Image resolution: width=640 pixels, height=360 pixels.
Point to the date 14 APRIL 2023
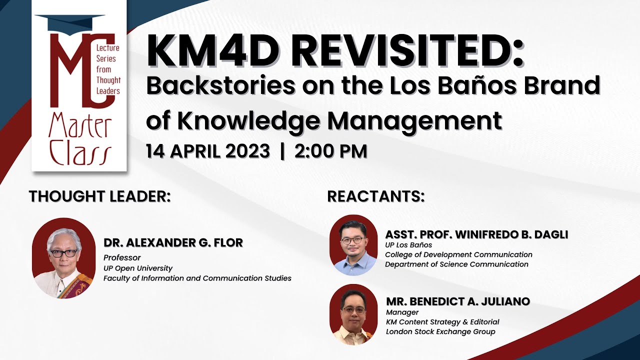[x=208, y=151]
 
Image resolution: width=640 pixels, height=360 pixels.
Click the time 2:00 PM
[x=330, y=151]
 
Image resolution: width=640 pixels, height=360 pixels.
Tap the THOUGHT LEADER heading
[x=99, y=196]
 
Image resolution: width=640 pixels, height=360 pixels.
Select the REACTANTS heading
[x=375, y=196]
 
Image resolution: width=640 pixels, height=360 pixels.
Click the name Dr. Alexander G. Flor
[x=173, y=242]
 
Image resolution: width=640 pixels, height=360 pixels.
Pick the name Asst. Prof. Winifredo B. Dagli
[x=476, y=234]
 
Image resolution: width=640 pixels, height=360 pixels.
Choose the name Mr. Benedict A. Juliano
[x=458, y=301]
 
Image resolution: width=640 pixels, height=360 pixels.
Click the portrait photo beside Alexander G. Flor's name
[x=64, y=258]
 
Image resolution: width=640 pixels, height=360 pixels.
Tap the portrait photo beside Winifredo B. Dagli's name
[x=353, y=245]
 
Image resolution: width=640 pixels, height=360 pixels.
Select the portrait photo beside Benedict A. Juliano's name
[x=353, y=314]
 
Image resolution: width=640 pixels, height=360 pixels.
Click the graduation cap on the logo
[x=70, y=23]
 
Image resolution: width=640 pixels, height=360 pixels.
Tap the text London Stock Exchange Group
[x=440, y=331]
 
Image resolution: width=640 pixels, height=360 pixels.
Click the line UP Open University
[x=138, y=268]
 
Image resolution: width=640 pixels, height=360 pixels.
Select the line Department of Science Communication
[x=456, y=264]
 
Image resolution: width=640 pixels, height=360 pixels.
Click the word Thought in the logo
[x=108, y=80]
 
